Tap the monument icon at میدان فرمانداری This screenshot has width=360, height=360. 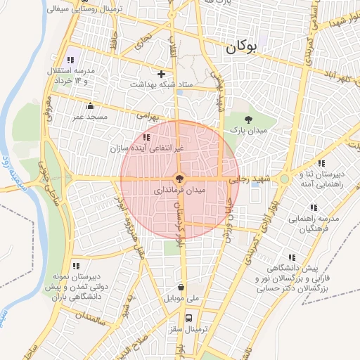tap(180, 179)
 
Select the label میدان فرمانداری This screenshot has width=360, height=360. tap(179, 191)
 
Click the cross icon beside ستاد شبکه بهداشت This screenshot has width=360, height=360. tap(161, 73)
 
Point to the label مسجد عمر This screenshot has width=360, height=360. tap(88, 116)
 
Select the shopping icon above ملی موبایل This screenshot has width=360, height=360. tap(182, 288)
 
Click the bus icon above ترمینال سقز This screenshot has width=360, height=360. tap(188, 317)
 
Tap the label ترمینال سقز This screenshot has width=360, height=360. tap(185, 328)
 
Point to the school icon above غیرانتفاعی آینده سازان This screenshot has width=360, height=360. tap(146, 137)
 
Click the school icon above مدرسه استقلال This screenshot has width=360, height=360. tap(70, 60)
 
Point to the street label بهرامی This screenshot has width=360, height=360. tap(149, 112)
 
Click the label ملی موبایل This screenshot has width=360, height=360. tap(182, 298)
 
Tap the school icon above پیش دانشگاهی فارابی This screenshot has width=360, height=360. tap(291, 257)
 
